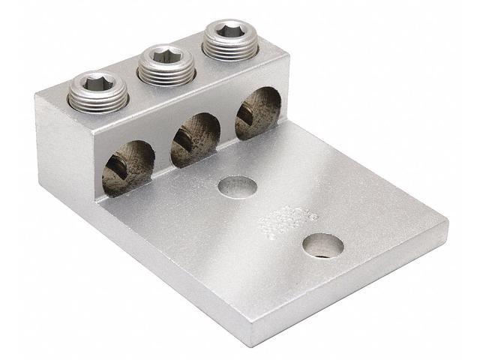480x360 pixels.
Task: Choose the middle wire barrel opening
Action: click(x=194, y=139)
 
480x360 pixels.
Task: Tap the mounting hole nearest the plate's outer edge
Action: click(x=323, y=245)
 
